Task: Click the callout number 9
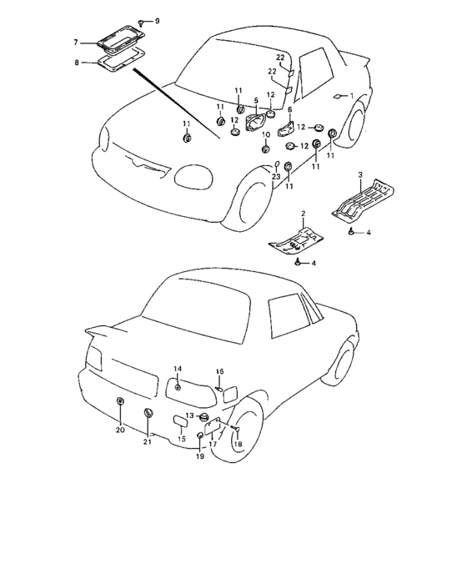click(x=157, y=21)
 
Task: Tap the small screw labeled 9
click(x=142, y=23)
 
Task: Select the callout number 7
click(x=76, y=43)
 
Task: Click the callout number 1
click(x=351, y=96)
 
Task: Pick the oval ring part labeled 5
click(x=256, y=122)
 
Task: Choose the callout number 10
click(x=266, y=134)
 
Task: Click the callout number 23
click(x=275, y=177)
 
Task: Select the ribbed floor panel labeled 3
click(x=363, y=201)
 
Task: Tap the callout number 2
click(x=304, y=214)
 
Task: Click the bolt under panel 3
click(x=351, y=232)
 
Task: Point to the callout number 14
click(x=178, y=369)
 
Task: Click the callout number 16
click(x=219, y=371)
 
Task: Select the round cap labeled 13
click(x=203, y=417)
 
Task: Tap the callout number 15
click(x=181, y=439)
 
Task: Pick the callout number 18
click(x=238, y=444)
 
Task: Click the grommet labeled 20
click(x=120, y=401)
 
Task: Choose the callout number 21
click(x=148, y=441)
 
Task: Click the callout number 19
click(x=200, y=456)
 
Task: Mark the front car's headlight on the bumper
click(x=194, y=177)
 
